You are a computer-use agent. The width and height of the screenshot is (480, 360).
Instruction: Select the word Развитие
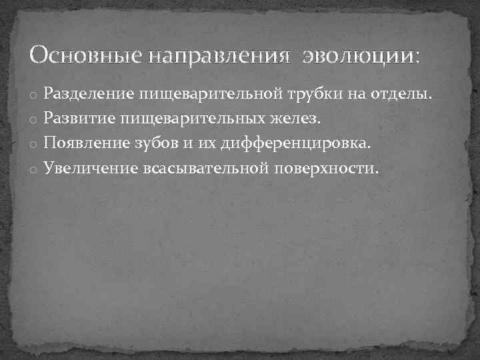(79, 119)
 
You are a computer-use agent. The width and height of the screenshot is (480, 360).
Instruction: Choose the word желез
(302, 119)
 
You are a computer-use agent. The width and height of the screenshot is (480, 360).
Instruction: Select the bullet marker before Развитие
(31, 121)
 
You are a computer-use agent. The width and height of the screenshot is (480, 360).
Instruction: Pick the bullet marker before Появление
(31, 145)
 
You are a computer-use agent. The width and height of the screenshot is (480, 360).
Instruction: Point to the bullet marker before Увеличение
(31, 169)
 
